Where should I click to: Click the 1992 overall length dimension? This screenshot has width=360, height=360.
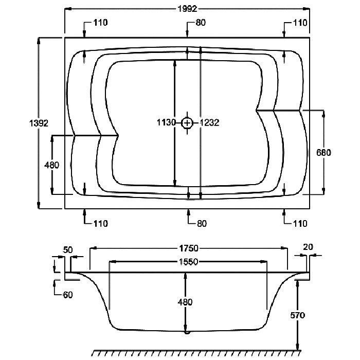[187, 9]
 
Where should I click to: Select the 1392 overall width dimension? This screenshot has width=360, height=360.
[39, 123]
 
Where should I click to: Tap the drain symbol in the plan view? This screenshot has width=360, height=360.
[187, 123]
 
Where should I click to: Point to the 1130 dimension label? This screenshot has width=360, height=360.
[166, 122]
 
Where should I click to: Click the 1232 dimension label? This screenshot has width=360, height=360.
[209, 122]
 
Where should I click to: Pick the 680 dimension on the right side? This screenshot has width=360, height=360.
[323, 152]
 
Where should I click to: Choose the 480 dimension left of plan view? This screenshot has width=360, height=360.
[51, 165]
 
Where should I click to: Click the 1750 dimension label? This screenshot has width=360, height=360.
[189, 248]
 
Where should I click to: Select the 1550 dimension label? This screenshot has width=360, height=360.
[188, 262]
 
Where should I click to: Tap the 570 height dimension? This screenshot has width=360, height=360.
[298, 315]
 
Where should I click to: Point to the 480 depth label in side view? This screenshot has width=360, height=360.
[185, 302]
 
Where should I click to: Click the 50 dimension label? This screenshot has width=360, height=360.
[68, 250]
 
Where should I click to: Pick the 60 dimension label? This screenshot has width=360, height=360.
[68, 295]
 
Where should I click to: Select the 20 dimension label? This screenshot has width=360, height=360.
[308, 247]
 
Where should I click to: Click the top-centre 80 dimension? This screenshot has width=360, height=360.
[201, 23]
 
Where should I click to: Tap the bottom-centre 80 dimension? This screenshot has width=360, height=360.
[202, 223]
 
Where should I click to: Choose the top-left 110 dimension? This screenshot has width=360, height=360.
[101, 23]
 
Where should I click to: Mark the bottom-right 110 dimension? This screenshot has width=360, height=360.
[300, 223]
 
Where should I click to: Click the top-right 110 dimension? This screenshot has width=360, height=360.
[300, 23]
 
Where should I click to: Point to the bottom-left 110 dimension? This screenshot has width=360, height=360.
[101, 223]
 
